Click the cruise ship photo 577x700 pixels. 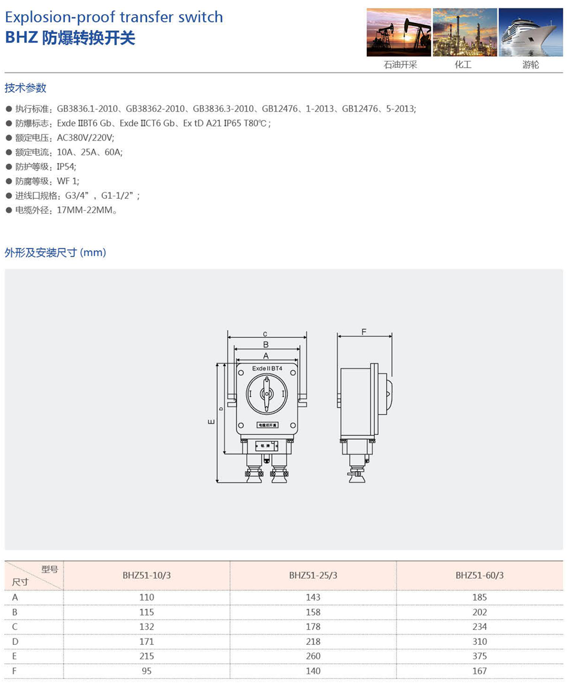[530, 32]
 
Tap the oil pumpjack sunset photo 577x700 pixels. [399, 32]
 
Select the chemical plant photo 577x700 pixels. [465, 32]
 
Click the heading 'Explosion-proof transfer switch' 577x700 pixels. [114, 17]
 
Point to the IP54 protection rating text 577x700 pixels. [67, 166]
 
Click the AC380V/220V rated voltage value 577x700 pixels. [86, 137]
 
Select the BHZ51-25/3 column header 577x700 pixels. [313, 575]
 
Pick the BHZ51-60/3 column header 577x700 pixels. [479, 575]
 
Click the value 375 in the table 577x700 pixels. [479, 656]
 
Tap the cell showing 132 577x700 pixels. [147, 627]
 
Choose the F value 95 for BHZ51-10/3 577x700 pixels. [147, 671]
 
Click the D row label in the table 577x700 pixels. [15, 641]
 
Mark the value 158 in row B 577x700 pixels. [313, 612]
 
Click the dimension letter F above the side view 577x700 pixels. [364, 332]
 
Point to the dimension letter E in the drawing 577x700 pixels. [211, 421]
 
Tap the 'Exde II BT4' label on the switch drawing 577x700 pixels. [267, 368]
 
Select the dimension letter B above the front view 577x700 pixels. [266, 345]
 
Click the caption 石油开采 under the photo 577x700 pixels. [400, 65]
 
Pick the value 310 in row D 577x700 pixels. [479, 641]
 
